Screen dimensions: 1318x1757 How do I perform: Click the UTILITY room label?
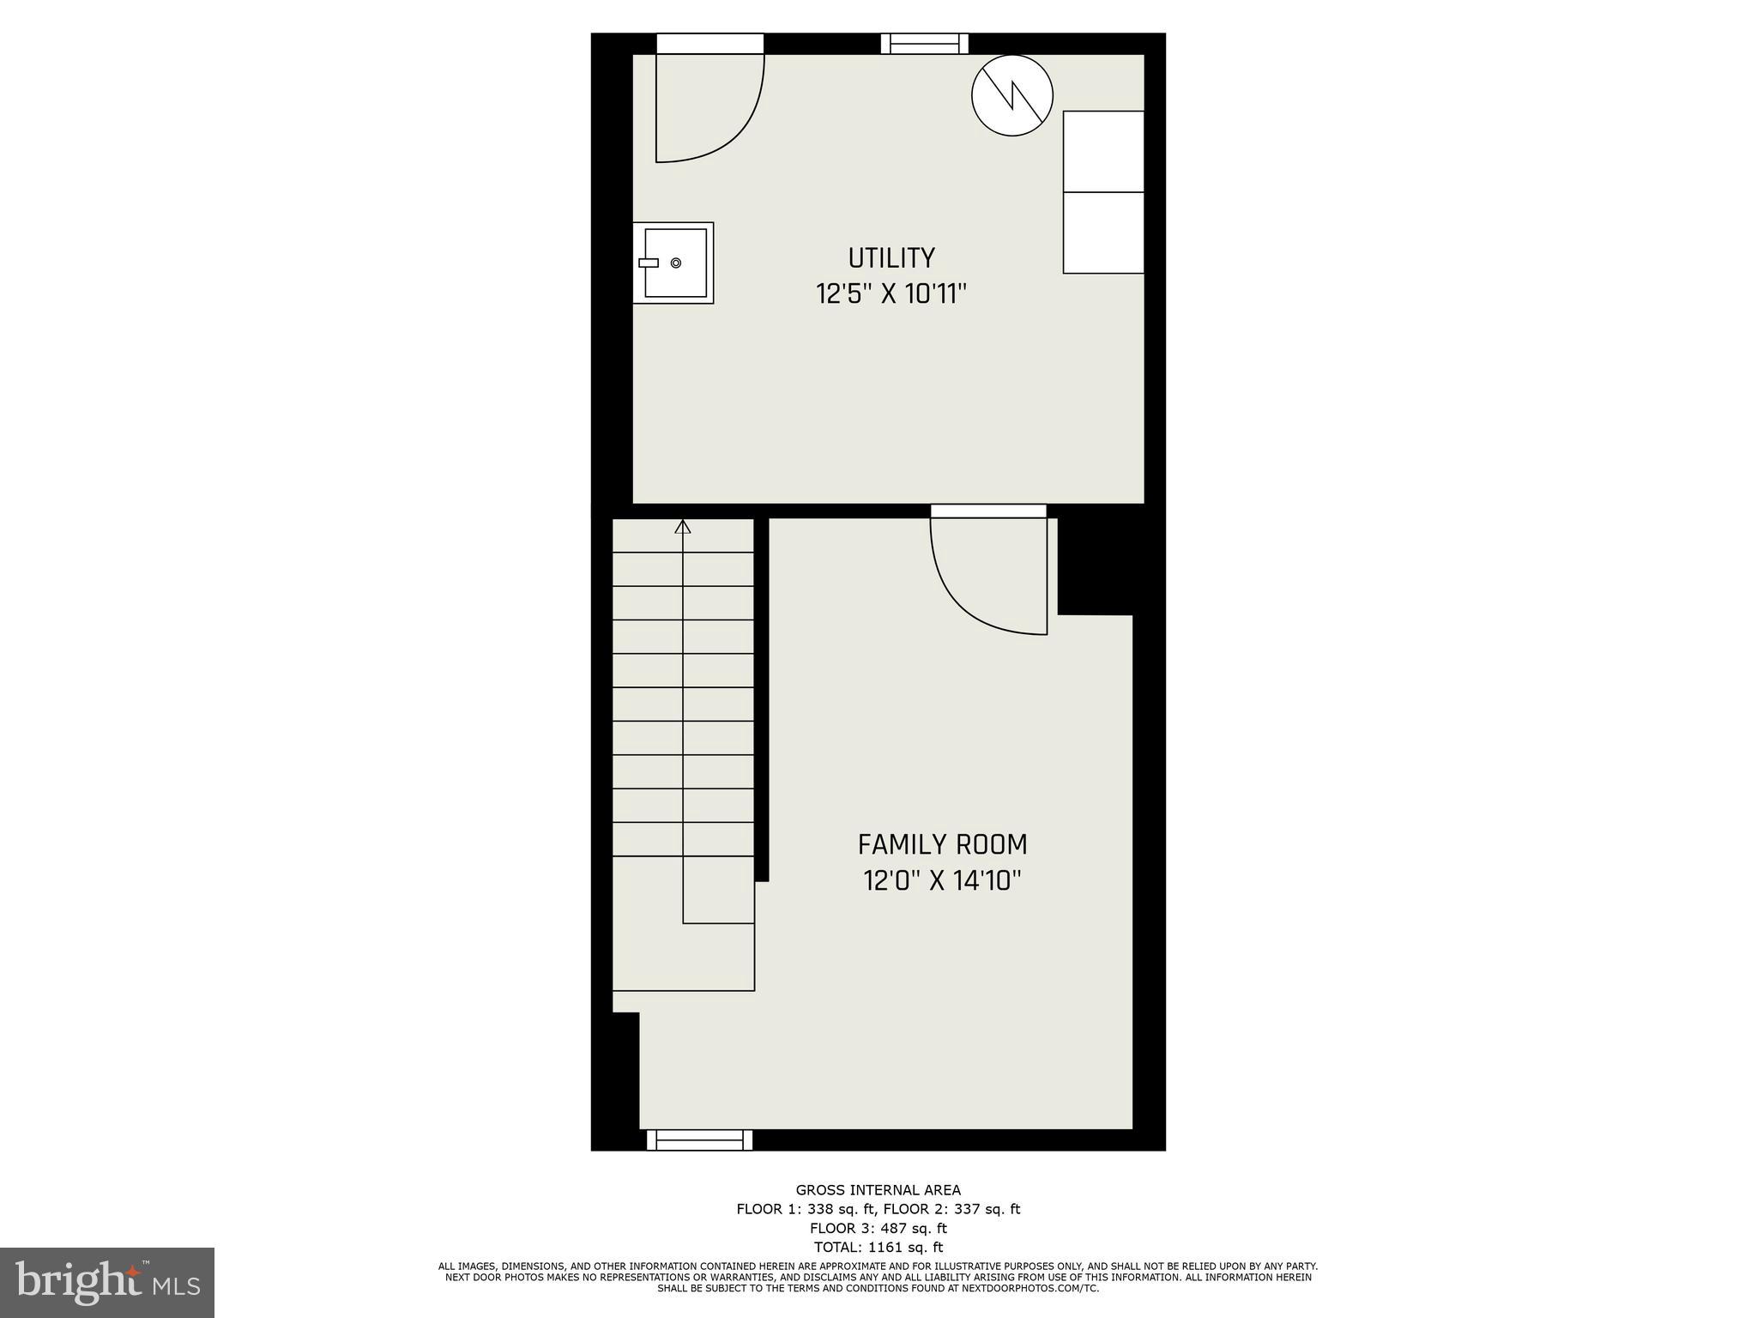[891, 258]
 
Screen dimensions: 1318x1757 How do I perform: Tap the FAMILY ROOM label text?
[942, 845]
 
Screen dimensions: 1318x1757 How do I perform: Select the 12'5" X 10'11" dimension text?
[891, 294]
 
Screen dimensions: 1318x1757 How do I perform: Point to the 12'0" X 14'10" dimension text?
[942, 881]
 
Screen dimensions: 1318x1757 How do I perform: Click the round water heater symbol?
[1012, 94]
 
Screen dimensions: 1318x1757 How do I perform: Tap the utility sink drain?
[676, 263]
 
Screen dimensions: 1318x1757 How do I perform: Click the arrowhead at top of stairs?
[683, 526]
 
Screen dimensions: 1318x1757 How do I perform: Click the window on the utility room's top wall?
[925, 44]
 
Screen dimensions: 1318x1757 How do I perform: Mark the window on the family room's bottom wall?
[699, 1140]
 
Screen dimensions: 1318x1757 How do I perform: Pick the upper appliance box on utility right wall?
[1103, 151]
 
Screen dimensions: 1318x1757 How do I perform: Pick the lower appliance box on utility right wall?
[1103, 233]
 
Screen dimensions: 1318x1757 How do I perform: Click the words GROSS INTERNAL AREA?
[878, 1190]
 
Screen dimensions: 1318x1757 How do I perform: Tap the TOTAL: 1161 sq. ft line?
[878, 1248]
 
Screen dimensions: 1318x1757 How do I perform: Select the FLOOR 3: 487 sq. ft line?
[878, 1229]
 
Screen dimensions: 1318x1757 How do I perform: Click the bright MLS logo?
[107, 1281]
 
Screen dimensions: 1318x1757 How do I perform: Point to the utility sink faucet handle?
[649, 263]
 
